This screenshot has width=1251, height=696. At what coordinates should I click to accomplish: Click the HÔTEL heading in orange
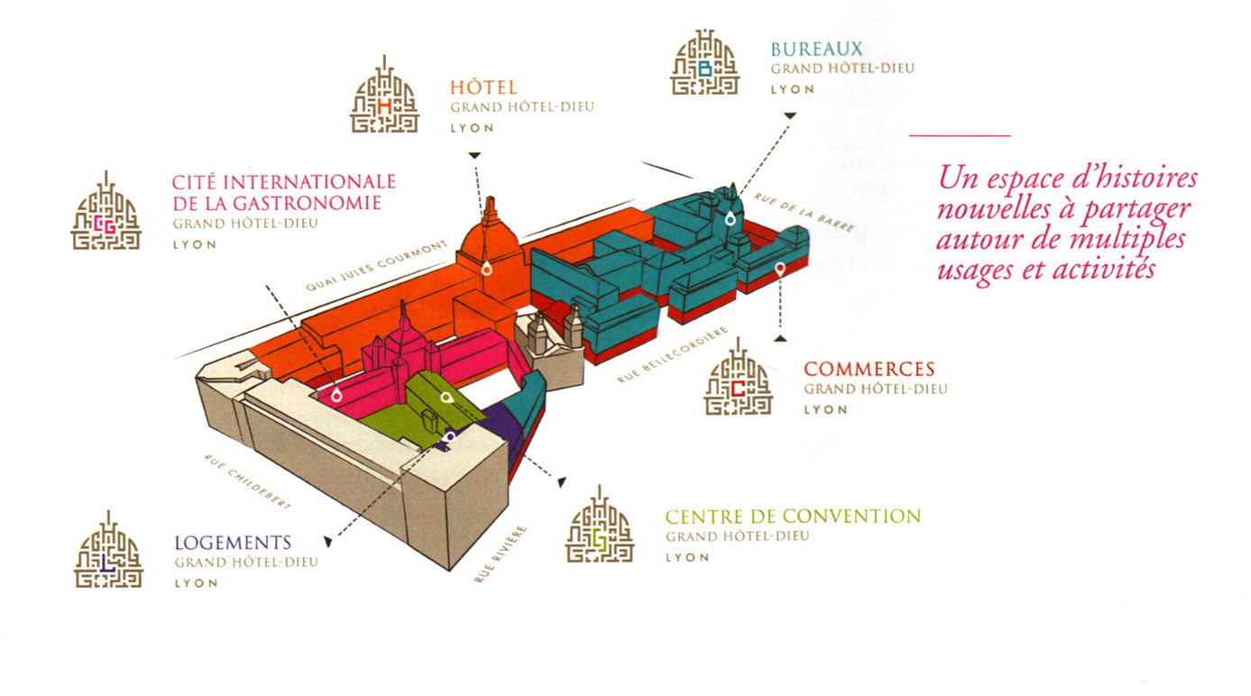click(483, 87)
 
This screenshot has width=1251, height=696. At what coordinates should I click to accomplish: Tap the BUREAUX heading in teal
click(816, 49)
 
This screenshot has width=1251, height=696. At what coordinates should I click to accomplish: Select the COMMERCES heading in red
click(869, 369)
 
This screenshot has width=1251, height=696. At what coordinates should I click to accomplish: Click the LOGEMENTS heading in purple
click(233, 543)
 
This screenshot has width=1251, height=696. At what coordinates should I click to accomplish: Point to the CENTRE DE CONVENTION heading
click(793, 517)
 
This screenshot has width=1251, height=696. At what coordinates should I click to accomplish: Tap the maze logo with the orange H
click(384, 95)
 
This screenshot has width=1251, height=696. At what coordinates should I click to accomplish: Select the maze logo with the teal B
click(704, 62)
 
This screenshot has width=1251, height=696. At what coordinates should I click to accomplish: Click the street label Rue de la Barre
click(805, 213)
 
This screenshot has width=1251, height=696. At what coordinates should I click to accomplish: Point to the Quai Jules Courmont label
click(376, 266)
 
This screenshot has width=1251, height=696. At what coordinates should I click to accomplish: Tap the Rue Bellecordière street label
click(673, 355)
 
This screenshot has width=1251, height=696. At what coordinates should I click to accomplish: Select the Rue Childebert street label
click(247, 481)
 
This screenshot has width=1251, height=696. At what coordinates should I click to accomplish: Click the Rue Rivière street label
click(501, 554)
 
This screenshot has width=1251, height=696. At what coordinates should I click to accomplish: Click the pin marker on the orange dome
click(487, 269)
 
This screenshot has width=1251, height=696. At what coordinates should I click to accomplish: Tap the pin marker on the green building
click(446, 398)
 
